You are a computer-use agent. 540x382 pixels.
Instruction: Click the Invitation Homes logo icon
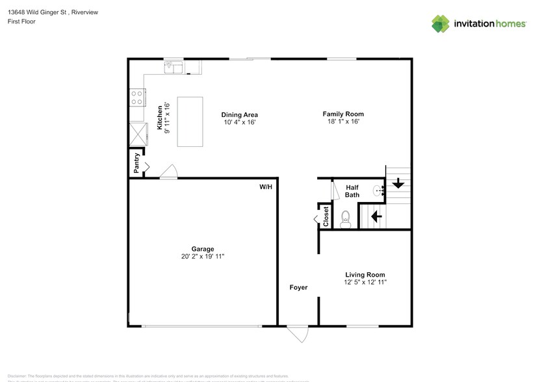click(441, 24)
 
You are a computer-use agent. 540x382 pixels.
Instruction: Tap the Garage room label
click(203, 249)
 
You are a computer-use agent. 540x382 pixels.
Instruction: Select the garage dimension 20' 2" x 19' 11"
click(203, 257)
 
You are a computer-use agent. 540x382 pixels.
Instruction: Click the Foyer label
click(298, 287)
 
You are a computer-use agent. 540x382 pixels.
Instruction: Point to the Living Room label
click(365, 275)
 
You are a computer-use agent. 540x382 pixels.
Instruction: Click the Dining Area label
click(240, 114)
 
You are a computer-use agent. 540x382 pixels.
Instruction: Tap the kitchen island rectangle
click(190, 122)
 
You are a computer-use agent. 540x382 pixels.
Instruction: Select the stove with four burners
click(137, 98)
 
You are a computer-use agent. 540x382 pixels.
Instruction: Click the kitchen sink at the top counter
click(174, 66)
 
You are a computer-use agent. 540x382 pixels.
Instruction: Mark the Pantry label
click(136, 163)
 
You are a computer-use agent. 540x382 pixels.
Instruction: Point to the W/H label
click(266, 187)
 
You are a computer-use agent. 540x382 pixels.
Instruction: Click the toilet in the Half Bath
click(346, 219)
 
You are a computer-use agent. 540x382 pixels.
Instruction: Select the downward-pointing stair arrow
click(398, 184)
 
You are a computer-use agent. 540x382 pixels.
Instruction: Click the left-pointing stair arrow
click(376, 215)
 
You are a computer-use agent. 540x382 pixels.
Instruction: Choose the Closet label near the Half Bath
click(326, 216)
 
